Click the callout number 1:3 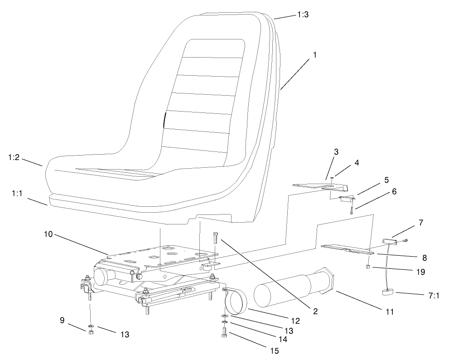tap(303, 15)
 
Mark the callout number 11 tap(389, 312)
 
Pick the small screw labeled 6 tap(351, 210)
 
